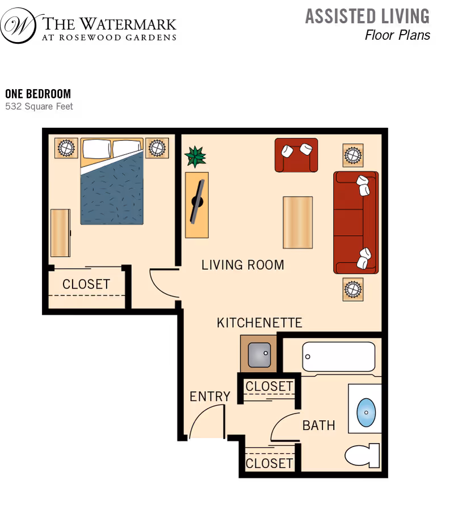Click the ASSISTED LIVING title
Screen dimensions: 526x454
tap(367, 16)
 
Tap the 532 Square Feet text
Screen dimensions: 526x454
tap(39, 106)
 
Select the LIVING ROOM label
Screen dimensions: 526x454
tap(242, 265)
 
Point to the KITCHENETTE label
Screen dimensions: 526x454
tap(259, 323)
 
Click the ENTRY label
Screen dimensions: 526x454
tap(210, 396)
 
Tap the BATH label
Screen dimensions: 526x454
tap(318, 425)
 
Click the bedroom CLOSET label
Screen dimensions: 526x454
tap(86, 284)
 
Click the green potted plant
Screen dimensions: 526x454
tap(195, 156)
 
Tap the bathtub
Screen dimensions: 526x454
tap(339, 357)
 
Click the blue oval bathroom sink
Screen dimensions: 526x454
tap(365, 412)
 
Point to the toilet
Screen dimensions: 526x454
tap(363, 455)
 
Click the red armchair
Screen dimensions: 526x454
tap(296, 155)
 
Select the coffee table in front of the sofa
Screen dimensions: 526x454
tap(297, 222)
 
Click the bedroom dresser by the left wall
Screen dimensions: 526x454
tap(60, 232)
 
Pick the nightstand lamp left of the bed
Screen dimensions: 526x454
tap(66, 148)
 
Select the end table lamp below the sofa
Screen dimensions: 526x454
tap(353, 289)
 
